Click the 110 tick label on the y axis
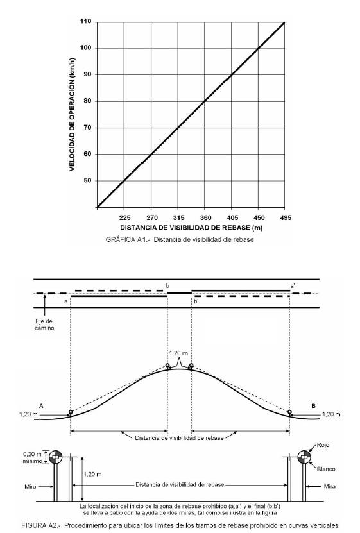[85, 21]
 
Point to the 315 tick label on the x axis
[178, 217]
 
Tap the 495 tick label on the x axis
[286, 217]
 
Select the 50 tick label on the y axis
[87, 180]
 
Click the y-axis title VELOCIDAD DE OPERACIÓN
[72, 114]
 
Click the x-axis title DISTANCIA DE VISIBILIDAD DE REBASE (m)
[191, 228]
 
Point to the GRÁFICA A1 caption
[180, 239]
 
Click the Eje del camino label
[44, 325]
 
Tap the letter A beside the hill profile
[41, 406]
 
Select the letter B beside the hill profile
[313, 406]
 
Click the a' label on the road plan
[293, 286]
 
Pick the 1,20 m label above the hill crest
[178, 353]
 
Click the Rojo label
[323, 445]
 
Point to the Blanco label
[326, 469]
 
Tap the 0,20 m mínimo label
[32, 457]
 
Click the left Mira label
[30, 486]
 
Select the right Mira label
[329, 486]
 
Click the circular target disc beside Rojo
[304, 457]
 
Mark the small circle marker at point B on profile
[289, 412]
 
